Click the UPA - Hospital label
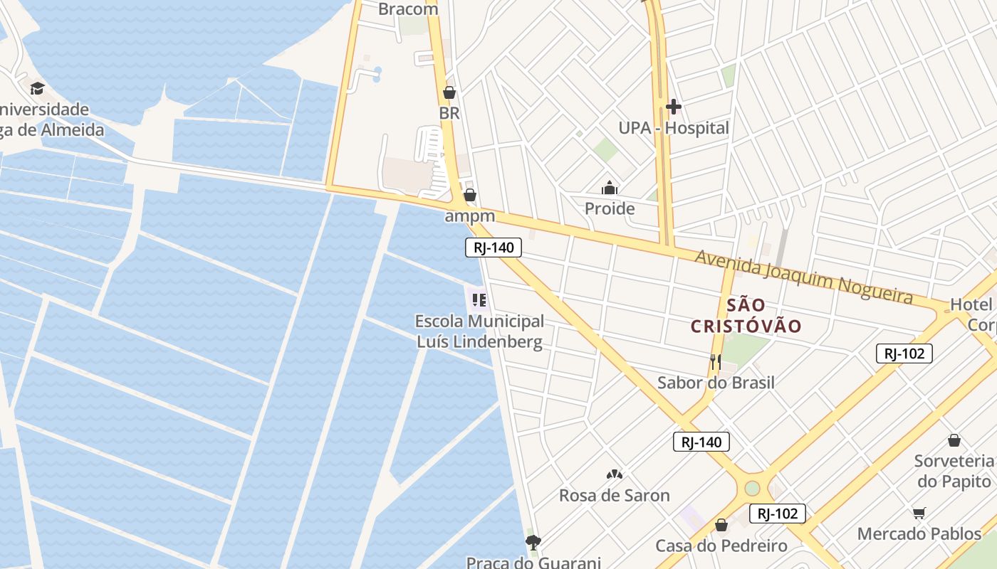(673, 128)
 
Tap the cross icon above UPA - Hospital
(673, 107)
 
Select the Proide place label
(610, 208)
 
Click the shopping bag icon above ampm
(470, 194)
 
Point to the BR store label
(449, 113)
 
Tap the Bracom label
(408, 9)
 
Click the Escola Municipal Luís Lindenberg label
(479, 331)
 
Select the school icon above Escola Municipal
(479, 300)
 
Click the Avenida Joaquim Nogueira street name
(803, 276)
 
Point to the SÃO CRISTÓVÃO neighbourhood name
(746, 316)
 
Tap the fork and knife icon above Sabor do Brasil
(716, 361)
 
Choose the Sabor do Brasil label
(716, 383)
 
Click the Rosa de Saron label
(614, 496)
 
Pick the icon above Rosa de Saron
(614, 474)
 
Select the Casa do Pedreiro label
(721, 546)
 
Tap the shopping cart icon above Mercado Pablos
(919, 513)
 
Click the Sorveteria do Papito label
(954, 471)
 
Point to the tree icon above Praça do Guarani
(533, 543)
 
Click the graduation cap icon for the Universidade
(37, 88)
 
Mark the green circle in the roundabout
(752, 489)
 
